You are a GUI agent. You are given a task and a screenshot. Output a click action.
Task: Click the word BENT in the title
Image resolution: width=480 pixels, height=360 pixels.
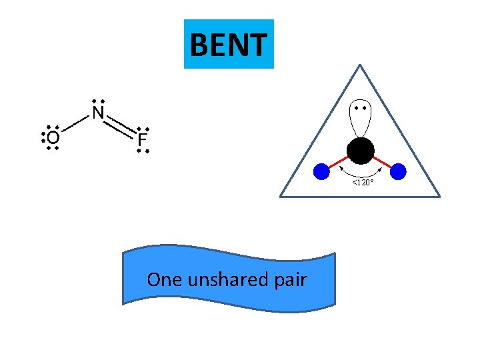point(229,45)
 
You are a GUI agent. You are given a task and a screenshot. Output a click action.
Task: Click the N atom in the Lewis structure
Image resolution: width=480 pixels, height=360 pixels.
point(98,113)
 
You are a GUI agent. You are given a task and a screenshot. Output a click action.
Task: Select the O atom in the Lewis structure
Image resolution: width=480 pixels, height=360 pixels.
point(53,137)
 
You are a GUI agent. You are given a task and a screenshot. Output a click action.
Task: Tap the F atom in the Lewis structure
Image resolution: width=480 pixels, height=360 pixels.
point(141,140)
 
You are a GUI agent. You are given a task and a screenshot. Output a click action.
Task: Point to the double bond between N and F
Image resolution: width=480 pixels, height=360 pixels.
point(120,127)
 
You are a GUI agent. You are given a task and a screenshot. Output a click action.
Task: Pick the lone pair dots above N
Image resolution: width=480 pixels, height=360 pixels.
point(98,101)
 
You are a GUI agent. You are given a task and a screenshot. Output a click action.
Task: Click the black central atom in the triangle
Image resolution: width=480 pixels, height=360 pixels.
point(361,151)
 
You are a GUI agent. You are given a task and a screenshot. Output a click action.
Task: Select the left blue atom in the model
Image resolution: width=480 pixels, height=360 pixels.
point(322,172)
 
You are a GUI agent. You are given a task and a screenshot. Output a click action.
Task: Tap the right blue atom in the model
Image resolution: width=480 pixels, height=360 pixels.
point(398,172)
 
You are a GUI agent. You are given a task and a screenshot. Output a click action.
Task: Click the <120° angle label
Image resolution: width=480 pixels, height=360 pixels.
point(363,182)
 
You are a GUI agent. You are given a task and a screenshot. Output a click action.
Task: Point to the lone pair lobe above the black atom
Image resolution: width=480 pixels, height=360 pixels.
point(361,120)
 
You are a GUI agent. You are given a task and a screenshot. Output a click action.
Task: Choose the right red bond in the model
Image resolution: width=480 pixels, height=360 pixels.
point(382,162)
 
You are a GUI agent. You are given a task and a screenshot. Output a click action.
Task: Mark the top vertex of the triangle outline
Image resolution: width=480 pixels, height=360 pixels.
point(360,65)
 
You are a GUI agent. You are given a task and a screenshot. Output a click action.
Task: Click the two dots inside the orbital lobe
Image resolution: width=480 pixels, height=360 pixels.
point(361,108)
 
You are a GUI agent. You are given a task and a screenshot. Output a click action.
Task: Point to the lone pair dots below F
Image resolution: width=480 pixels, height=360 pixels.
point(142,152)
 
